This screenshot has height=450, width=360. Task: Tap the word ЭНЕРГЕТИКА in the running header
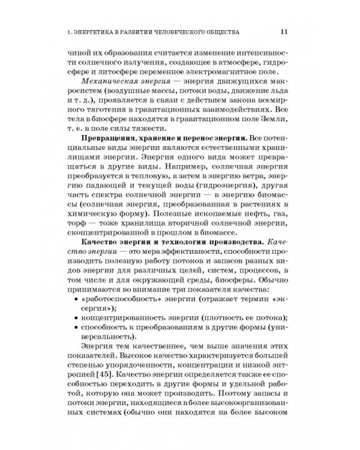click(107, 31)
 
